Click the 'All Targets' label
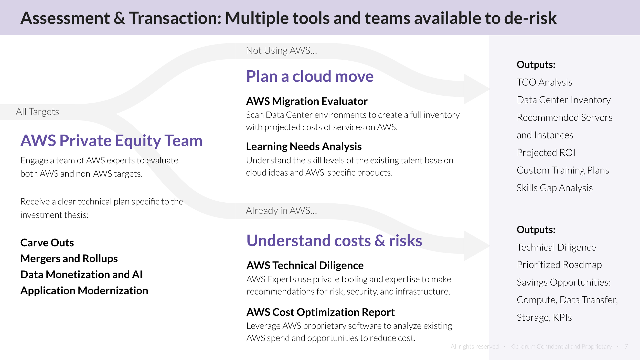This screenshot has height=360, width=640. click(37, 112)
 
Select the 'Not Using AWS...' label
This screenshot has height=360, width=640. click(281, 50)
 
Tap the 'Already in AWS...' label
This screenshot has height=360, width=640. click(281, 211)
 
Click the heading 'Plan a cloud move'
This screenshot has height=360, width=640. click(310, 76)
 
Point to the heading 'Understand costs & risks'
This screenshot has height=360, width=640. click(334, 241)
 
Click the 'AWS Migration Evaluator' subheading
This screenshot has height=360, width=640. click(307, 101)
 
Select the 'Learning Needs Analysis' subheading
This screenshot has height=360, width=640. click(304, 147)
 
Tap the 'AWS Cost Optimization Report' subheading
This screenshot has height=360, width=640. click(321, 312)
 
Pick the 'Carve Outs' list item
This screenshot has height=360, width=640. click(47, 243)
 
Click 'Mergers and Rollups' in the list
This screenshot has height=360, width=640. click(69, 258)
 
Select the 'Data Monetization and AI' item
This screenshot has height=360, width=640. click(81, 275)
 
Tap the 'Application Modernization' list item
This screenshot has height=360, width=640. click(84, 291)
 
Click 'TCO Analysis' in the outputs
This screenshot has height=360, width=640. click(544, 82)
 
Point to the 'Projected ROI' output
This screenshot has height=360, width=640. click(546, 153)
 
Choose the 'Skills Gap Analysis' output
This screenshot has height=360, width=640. click(554, 188)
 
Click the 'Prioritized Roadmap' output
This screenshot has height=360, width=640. click(559, 265)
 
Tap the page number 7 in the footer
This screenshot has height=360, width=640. click(626, 346)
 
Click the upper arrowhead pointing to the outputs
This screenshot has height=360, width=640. click(476, 89)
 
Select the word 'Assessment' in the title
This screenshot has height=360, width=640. click(65, 18)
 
